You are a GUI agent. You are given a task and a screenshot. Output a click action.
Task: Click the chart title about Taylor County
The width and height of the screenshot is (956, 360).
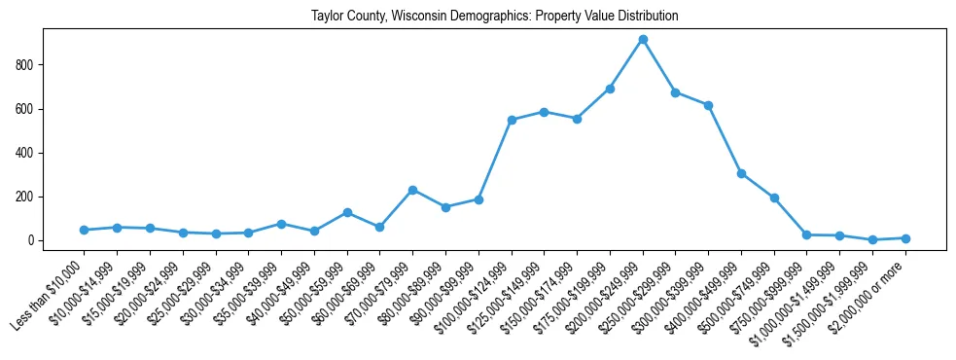point(494,17)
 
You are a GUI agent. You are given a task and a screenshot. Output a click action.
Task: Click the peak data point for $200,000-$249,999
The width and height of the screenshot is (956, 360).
point(643,40)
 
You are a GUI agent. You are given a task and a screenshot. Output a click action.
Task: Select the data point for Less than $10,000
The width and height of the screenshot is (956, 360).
point(84,230)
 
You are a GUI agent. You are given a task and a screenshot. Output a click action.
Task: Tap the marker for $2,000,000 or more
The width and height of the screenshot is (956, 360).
point(905,238)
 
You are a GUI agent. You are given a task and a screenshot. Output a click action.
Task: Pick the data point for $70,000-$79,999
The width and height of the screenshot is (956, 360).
point(412,191)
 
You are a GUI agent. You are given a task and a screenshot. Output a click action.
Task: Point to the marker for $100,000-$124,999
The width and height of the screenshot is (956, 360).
point(512,120)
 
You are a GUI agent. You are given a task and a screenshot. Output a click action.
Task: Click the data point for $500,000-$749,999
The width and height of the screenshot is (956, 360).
point(774,198)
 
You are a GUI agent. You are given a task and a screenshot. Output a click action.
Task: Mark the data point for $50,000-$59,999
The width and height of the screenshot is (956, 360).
point(347,212)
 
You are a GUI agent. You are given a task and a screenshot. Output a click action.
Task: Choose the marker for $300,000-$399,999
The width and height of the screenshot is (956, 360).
point(708,105)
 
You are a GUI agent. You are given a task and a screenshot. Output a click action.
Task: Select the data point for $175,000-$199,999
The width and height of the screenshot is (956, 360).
point(610,89)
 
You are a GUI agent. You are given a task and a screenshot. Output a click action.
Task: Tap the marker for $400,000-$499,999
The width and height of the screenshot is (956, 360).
point(741,173)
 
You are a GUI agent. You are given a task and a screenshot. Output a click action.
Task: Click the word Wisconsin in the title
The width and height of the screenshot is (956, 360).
point(419,17)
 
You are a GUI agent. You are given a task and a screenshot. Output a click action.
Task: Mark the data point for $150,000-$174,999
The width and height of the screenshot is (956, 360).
point(577,119)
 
